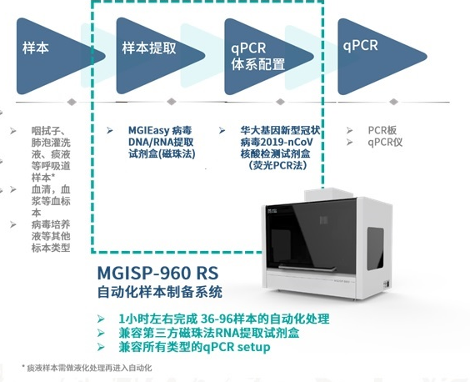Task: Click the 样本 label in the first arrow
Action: tap(35, 48)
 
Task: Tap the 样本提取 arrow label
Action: tap(149, 48)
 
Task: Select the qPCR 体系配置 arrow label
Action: tap(257, 57)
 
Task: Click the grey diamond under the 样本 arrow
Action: tap(72, 102)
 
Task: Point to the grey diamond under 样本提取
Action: tap(171, 102)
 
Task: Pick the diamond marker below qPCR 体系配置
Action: tap(280, 102)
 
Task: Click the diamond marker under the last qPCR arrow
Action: tap(393, 102)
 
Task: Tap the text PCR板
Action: tap(382, 130)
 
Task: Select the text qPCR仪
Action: tap(385, 143)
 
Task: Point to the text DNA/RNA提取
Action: tap(161, 142)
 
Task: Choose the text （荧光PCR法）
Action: tap(277, 165)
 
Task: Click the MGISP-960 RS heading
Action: tap(158, 273)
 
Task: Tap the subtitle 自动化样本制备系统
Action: tap(160, 292)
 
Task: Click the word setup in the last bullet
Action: tap(253, 347)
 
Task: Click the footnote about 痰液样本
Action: tap(87, 368)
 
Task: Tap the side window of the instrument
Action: tap(375, 249)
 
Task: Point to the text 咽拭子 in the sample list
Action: tap(48, 131)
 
